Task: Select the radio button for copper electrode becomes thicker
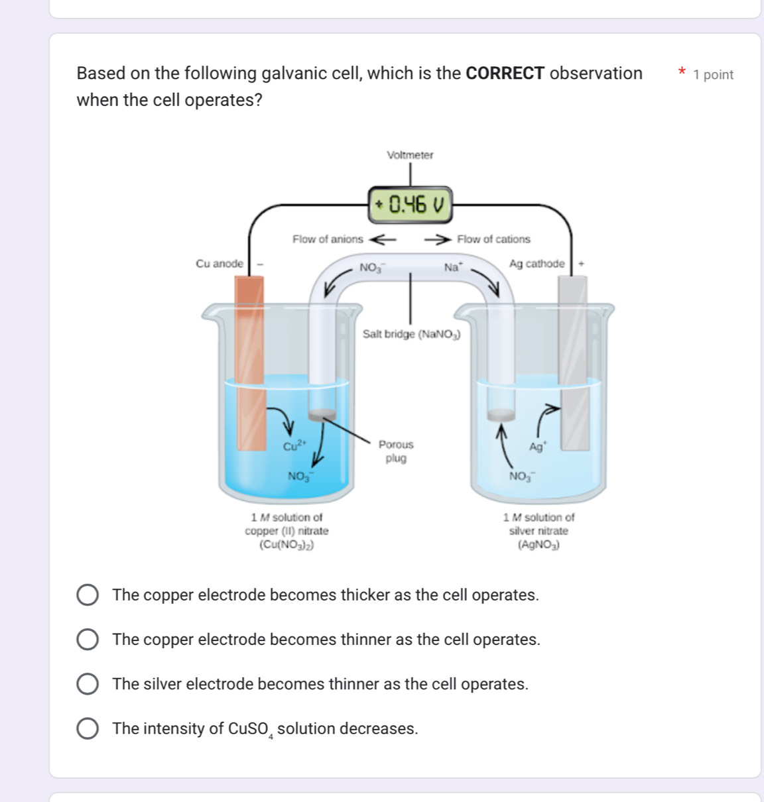tap(88, 595)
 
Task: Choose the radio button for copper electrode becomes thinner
tap(88, 640)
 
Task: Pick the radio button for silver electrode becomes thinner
tap(88, 684)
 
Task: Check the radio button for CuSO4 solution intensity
tap(88, 728)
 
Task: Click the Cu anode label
tap(220, 264)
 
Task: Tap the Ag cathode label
tap(537, 264)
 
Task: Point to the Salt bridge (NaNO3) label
tap(411, 334)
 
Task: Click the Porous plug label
tap(396, 451)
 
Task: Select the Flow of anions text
tap(328, 239)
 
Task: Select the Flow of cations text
tap(493, 239)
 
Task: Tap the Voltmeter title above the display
tap(410, 155)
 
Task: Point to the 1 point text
tap(713, 75)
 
